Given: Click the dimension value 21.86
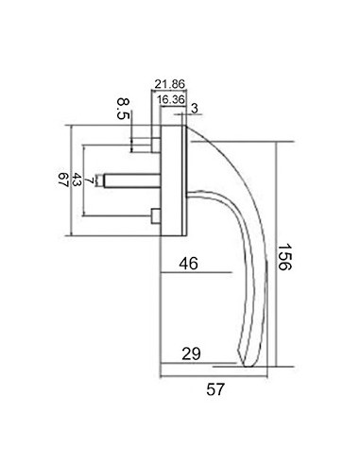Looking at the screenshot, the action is tap(169, 84).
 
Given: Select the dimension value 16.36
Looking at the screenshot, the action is tap(171, 99).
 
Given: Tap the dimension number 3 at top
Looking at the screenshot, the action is tap(195, 109).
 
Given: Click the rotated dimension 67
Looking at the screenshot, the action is tap(64, 180).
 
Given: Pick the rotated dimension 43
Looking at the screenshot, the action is tap(77, 180).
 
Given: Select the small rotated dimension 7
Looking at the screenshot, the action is tap(90, 181).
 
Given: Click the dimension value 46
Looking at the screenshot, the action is tap(189, 264).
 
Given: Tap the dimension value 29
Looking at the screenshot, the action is tap(191, 353).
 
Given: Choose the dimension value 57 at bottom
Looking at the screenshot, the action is tap(215, 389).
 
